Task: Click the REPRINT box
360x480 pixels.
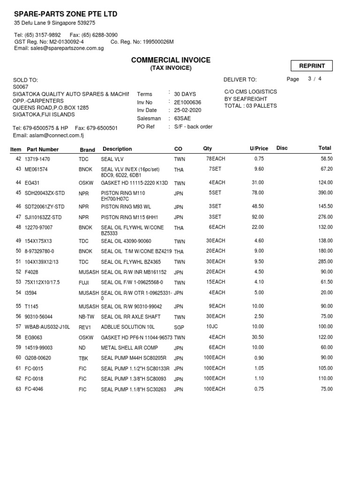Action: pyautogui.click(x=312, y=66)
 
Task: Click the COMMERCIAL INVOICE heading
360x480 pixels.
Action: pyautogui.click(x=171, y=60)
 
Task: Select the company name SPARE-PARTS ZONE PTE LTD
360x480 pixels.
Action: pyautogui.click(x=66, y=14)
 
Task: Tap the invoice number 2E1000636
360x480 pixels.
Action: pyautogui.click(x=187, y=102)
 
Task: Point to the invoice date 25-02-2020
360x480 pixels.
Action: pyautogui.click(x=187, y=110)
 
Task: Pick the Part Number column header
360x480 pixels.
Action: pyautogui.click(x=43, y=150)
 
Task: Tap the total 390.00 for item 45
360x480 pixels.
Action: pyautogui.click(x=325, y=193)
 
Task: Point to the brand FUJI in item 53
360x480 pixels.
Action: pyautogui.click(x=84, y=283)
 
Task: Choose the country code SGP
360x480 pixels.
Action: pyautogui.click(x=179, y=327)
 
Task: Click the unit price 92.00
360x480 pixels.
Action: pyautogui.click(x=258, y=217)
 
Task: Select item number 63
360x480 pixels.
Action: pyautogui.click(x=18, y=389)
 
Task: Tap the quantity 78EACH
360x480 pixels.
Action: pyautogui.click(x=216, y=159)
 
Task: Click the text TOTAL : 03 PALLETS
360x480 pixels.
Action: pyautogui.click(x=251, y=106)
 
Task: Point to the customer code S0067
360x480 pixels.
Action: pyautogui.click(x=21, y=87)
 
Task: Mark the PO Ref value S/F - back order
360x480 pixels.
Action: pyautogui.click(x=193, y=127)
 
